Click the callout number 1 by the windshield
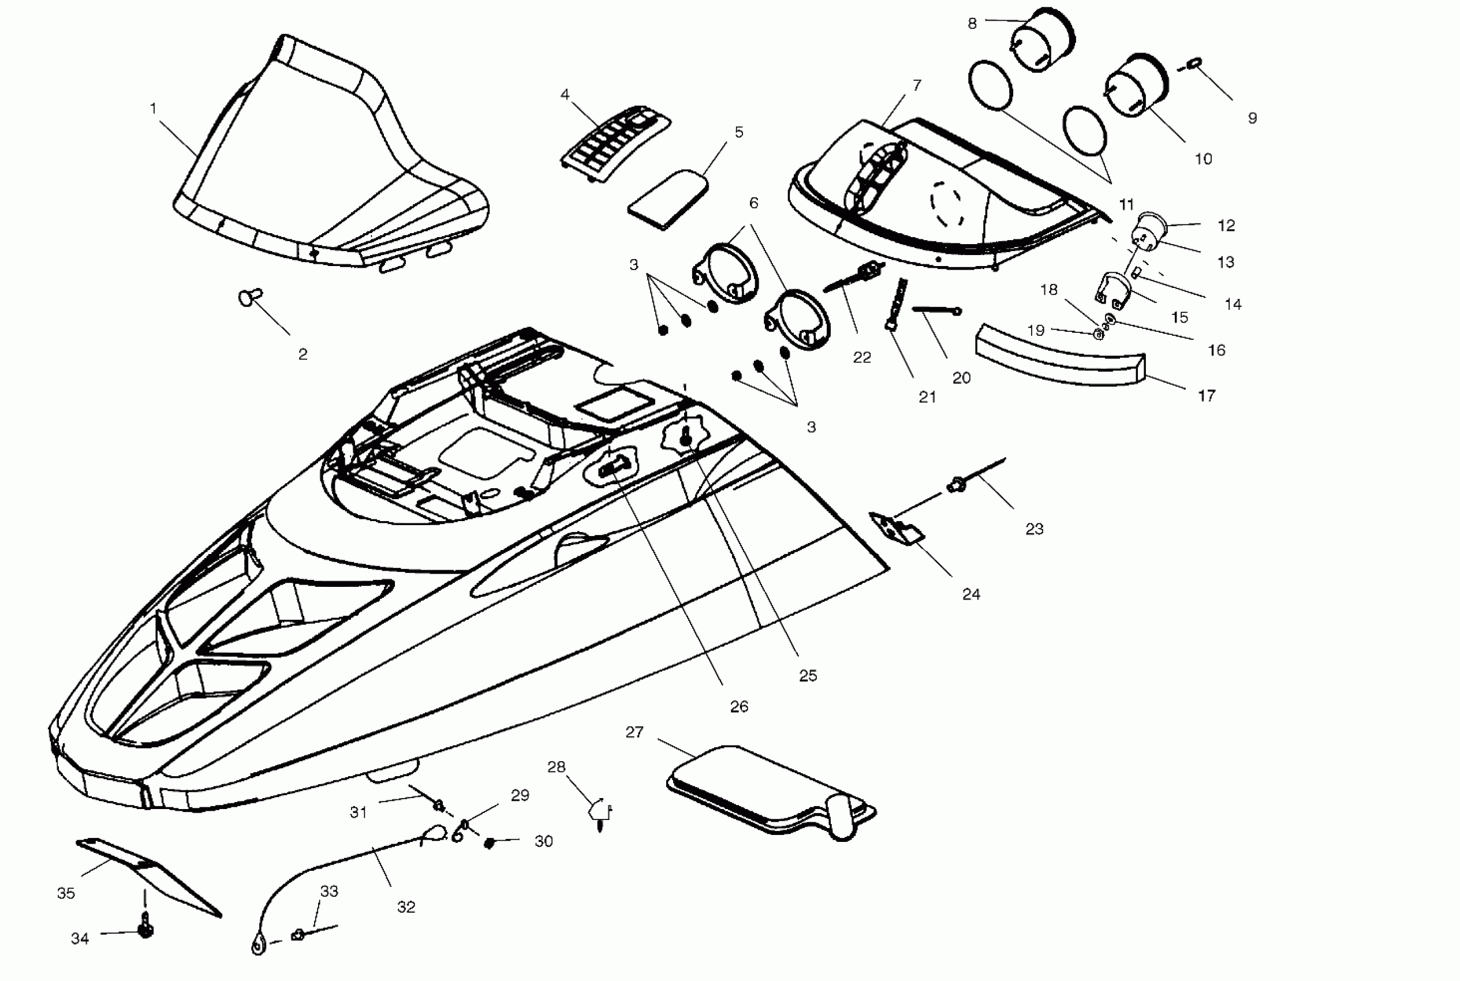click(x=154, y=109)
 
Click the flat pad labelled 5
click(x=669, y=199)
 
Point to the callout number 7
click(x=917, y=85)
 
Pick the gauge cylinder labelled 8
click(x=1043, y=39)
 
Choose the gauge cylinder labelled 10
click(x=1136, y=86)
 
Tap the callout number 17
click(x=1206, y=395)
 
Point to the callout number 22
click(x=862, y=357)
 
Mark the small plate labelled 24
click(x=896, y=527)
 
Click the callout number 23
click(x=1034, y=529)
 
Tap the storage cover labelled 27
click(x=770, y=790)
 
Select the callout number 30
click(x=543, y=841)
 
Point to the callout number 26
click(x=739, y=706)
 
